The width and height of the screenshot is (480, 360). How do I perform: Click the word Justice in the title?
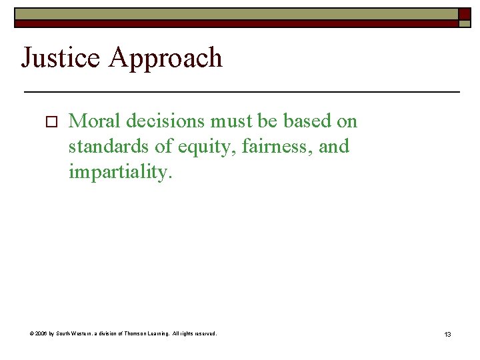[x=61, y=59]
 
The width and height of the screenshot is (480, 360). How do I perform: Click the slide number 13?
[x=447, y=334]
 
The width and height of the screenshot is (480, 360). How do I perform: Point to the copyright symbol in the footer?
[x=33, y=333]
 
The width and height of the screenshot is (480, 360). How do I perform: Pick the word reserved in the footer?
[x=205, y=333]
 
